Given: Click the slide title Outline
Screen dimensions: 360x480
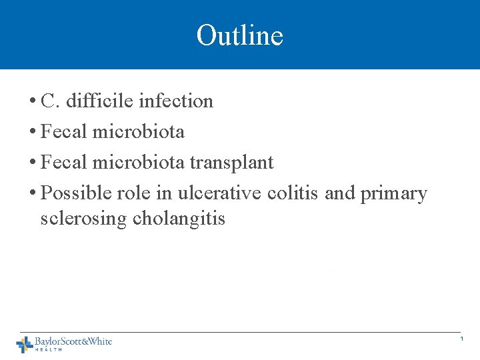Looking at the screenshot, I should [240, 35].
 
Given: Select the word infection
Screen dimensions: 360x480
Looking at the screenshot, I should [175, 101].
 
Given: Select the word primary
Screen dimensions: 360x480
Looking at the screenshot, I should [393, 194].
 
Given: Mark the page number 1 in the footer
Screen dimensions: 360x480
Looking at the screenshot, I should [461, 340].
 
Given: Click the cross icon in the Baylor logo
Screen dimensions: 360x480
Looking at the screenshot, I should [25, 344].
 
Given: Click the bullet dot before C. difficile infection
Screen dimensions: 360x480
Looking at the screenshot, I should [33, 102].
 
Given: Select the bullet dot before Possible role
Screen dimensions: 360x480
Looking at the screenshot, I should [33, 194].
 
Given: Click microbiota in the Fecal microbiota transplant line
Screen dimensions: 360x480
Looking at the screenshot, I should [139, 163].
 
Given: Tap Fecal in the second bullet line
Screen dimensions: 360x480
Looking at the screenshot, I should [64, 132].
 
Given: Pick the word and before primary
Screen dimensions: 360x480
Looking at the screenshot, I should [340, 193].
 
